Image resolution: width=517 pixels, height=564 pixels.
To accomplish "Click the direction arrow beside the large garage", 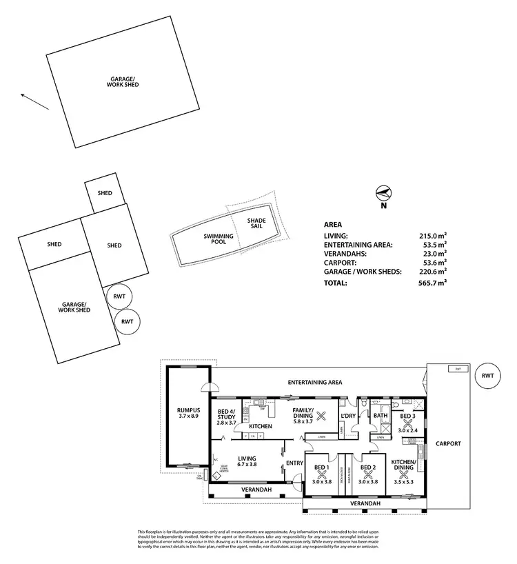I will (x=34, y=101).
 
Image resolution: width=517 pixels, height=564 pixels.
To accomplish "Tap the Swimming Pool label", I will (x=218, y=239).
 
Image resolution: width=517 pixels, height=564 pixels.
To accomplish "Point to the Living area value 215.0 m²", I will (x=432, y=235).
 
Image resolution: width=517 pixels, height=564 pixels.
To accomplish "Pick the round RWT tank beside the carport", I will (x=488, y=376).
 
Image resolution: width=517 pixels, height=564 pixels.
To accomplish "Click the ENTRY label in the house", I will (x=294, y=463).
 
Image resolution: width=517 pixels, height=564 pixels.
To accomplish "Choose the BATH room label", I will (x=381, y=416).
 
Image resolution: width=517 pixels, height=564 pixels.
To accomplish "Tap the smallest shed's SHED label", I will (x=105, y=194).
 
